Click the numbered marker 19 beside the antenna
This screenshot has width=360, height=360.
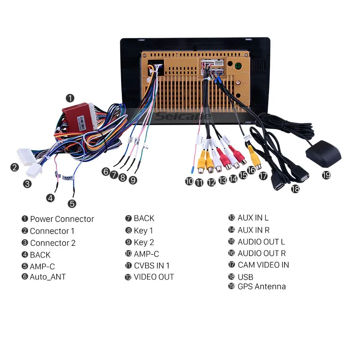pyautogui.click(x=326, y=175)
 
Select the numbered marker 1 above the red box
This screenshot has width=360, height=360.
pyautogui.click(x=70, y=98)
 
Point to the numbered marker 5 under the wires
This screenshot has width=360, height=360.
pyautogui.click(x=72, y=204)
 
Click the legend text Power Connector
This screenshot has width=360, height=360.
pyautogui.click(x=62, y=219)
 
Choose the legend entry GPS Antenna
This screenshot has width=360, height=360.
pyautogui.click(x=261, y=286)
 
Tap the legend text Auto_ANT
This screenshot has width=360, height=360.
pyautogui.click(x=48, y=277)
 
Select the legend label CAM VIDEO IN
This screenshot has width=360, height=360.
pyautogui.click(x=263, y=265)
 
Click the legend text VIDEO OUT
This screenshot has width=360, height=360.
pyautogui.click(x=153, y=277)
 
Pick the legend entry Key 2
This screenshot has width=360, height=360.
pyautogui.click(x=144, y=242)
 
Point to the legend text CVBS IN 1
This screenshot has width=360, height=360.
pyautogui.click(x=152, y=265)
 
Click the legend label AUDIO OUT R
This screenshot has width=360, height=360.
pyautogui.click(x=261, y=253)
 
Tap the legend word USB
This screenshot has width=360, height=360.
pyautogui.click(x=245, y=277)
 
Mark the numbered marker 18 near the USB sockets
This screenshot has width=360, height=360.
pyautogui.click(x=295, y=189)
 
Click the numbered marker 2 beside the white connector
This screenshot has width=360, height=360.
pyautogui.click(x=15, y=167)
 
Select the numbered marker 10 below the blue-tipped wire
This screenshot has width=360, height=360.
pyautogui.click(x=189, y=182)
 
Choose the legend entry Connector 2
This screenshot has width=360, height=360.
pyautogui.click(x=53, y=243)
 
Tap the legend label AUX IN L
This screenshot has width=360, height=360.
pyautogui.click(x=253, y=218)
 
